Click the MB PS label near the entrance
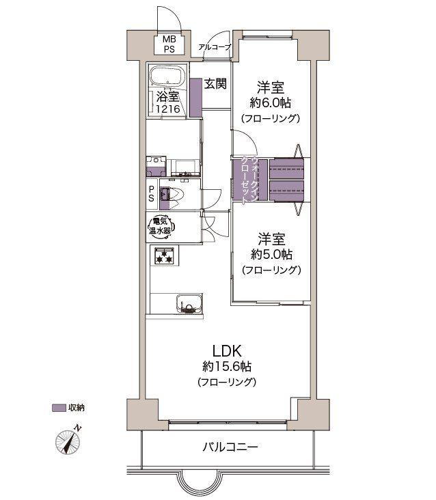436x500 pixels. (x=168, y=44)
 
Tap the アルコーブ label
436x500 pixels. (x=215, y=47)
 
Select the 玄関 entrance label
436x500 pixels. (x=215, y=85)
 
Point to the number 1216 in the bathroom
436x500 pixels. (x=168, y=109)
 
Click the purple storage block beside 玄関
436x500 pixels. (x=195, y=97)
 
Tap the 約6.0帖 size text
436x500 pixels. (x=271, y=102)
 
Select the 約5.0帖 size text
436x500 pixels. (x=271, y=254)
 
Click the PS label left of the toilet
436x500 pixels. (x=151, y=195)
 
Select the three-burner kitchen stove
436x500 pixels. (x=164, y=257)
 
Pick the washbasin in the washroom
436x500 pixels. (x=182, y=167)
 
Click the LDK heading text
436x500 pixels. (x=226, y=350)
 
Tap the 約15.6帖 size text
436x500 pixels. (x=226, y=367)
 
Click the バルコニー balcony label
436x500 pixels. (x=230, y=447)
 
